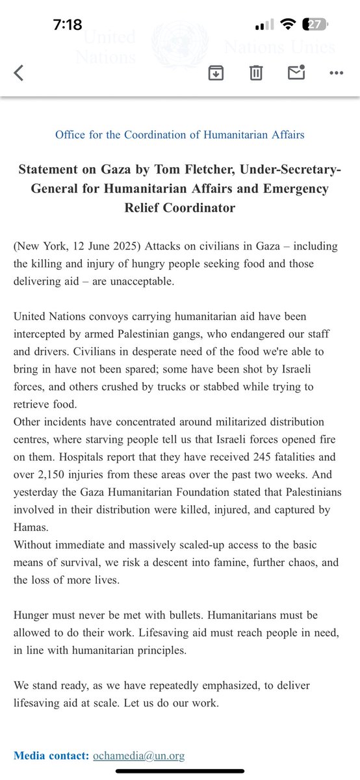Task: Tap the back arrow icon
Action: tap(18, 73)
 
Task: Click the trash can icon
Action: tap(255, 73)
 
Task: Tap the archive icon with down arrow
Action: tap(216, 73)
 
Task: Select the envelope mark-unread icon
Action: tap(296, 72)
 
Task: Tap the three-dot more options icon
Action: tap(335, 73)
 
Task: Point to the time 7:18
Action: tap(68, 25)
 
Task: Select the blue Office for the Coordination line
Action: tap(180, 135)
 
